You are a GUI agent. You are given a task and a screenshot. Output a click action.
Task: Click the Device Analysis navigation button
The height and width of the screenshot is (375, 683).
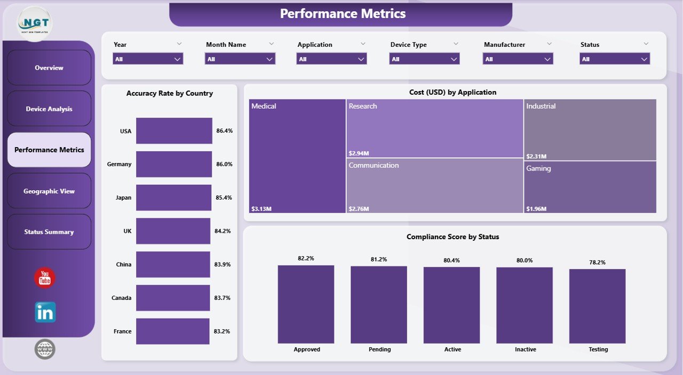coord(49,109)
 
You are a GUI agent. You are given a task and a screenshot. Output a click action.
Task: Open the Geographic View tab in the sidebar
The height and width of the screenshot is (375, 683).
coord(49,191)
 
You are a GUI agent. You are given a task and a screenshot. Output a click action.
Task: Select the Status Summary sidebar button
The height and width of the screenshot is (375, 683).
coord(49,232)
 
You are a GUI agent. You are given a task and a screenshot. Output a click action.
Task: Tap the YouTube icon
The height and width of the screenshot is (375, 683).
coord(45,278)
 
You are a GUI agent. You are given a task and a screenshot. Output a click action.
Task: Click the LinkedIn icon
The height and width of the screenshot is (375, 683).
coord(45,313)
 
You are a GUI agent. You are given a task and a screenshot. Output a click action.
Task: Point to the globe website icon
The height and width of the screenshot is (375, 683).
coord(45,349)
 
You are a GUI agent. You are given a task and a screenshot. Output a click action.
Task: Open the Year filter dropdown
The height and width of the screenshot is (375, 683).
coord(148,59)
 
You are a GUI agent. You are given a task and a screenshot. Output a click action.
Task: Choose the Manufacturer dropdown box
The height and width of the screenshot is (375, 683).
coord(518,59)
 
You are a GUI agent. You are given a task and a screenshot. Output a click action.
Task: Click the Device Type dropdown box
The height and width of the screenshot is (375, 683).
coord(424,59)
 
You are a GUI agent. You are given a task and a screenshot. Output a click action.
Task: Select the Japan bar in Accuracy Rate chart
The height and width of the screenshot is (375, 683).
coord(173,198)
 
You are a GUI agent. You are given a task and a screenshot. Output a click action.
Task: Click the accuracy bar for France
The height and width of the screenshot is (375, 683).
coord(172,331)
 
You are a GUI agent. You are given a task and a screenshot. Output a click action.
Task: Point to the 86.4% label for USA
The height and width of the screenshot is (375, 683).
coord(224,131)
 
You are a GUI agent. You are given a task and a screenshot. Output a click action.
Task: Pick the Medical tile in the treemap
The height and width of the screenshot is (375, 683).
coord(297,156)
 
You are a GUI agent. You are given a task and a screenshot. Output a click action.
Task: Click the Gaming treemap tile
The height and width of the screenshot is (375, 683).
coord(590,186)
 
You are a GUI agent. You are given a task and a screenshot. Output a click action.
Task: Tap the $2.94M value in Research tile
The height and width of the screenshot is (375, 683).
coord(358,153)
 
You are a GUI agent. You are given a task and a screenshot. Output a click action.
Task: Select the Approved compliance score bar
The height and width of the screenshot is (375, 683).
coord(306,304)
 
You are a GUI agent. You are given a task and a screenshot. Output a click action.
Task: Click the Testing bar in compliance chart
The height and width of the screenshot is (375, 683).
coord(597,306)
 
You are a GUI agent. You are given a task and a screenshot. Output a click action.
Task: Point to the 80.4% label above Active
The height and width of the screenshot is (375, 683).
coord(451,260)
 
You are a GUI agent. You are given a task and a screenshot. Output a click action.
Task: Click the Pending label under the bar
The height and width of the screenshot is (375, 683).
coord(379,349)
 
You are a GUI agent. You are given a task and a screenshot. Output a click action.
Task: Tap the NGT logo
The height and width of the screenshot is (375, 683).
coord(35,23)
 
